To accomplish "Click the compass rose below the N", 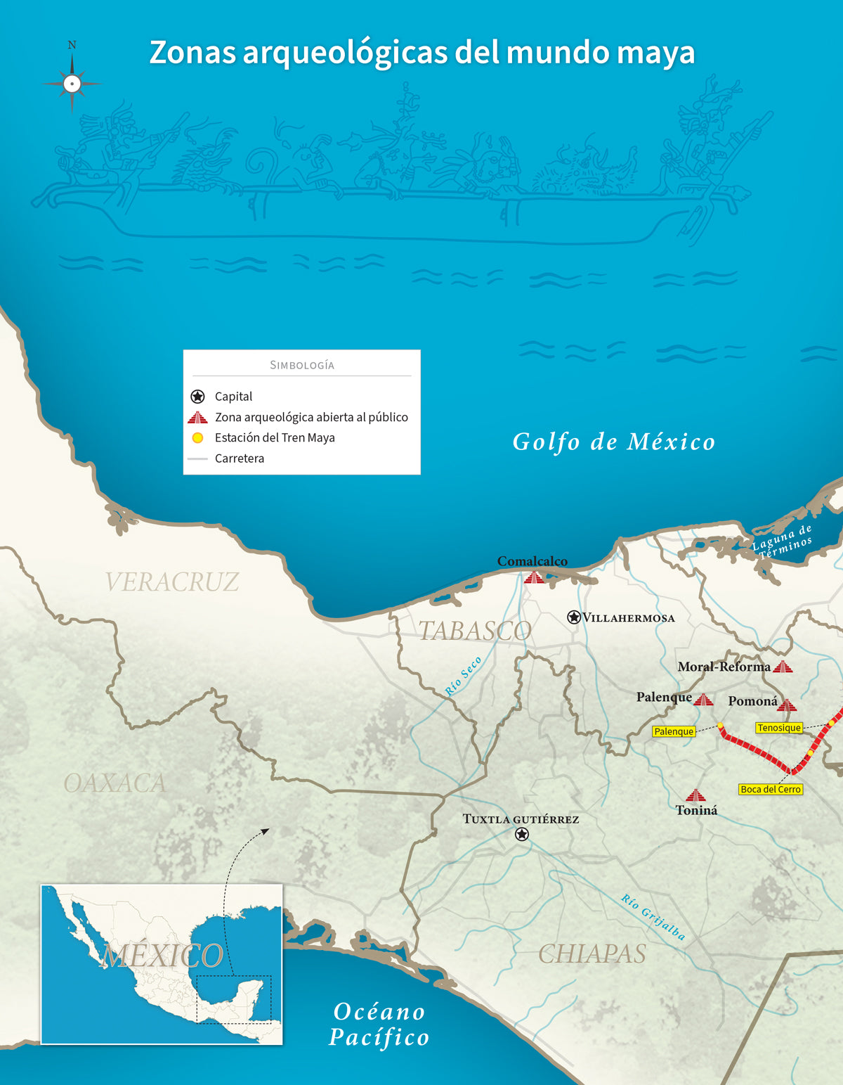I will coord(72,84).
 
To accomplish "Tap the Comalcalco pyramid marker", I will coord(534,577).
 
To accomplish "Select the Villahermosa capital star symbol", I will coord(574,617).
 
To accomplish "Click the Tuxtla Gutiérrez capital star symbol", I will coord(522,834).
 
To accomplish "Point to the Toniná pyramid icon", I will coord(695,795).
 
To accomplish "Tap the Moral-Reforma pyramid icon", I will coord(783,667).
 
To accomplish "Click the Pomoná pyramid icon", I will coord(787,705).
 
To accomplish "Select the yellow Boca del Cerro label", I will coord(771,790).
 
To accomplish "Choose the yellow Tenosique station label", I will coord(779,728).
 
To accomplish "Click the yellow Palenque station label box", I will coord(674,731).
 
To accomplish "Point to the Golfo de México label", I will coord(614,442).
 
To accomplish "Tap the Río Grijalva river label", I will coord(653,917).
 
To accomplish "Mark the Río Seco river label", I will coord(464,676).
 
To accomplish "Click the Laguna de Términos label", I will coord(783,540).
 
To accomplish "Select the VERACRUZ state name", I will coord(172,582).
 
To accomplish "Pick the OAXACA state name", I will coord(115,783).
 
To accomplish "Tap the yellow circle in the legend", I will coord(198,438).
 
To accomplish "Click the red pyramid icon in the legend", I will coord(197,418).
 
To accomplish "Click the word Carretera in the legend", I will coord(240,458).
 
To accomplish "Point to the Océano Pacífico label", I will coord(379,1025).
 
